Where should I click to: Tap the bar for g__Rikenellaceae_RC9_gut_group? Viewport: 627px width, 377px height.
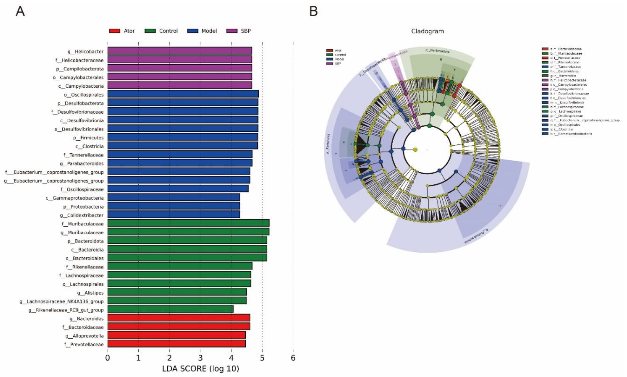click(x=170, y=309)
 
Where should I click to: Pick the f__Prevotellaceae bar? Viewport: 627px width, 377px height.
click(x=176, y=344)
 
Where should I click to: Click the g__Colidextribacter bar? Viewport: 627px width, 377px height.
click(x=174, y=215)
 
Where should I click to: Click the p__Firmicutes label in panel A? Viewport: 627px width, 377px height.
click(x=88, y=138)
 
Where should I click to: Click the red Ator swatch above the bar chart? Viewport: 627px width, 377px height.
click(x=115, y=31)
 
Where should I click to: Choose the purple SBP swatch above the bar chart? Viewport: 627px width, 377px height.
click(x=231, y=31)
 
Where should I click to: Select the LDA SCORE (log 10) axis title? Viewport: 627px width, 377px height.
click(x=200, y=369)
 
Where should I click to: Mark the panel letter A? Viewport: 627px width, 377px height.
click(x=20, y=11)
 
